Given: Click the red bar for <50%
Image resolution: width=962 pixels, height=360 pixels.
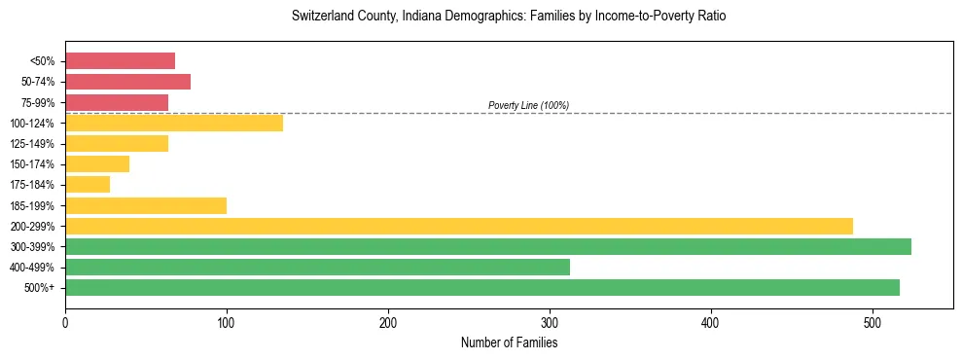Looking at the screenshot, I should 120,61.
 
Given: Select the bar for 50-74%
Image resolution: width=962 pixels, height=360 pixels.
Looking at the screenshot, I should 127,82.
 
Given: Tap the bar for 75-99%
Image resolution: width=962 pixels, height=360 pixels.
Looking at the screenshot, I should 117,102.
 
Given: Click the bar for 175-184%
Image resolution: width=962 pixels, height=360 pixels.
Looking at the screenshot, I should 88,184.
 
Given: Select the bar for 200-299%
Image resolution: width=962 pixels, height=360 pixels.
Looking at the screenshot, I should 459,226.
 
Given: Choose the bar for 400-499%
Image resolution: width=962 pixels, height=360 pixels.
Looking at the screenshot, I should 317,267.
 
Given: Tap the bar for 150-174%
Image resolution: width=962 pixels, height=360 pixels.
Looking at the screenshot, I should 97,163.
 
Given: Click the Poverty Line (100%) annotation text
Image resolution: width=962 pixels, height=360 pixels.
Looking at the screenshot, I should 528,105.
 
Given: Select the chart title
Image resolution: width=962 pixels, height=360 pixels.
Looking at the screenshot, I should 509,17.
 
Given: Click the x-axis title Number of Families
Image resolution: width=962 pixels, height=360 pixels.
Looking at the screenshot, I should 509,342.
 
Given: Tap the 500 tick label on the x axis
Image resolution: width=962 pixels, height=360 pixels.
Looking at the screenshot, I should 873,322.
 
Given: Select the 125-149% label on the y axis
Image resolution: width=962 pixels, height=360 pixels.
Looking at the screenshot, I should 32,144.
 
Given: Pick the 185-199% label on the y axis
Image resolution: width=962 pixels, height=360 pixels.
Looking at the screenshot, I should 32,205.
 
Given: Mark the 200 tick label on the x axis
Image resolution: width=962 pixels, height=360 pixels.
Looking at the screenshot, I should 388,322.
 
